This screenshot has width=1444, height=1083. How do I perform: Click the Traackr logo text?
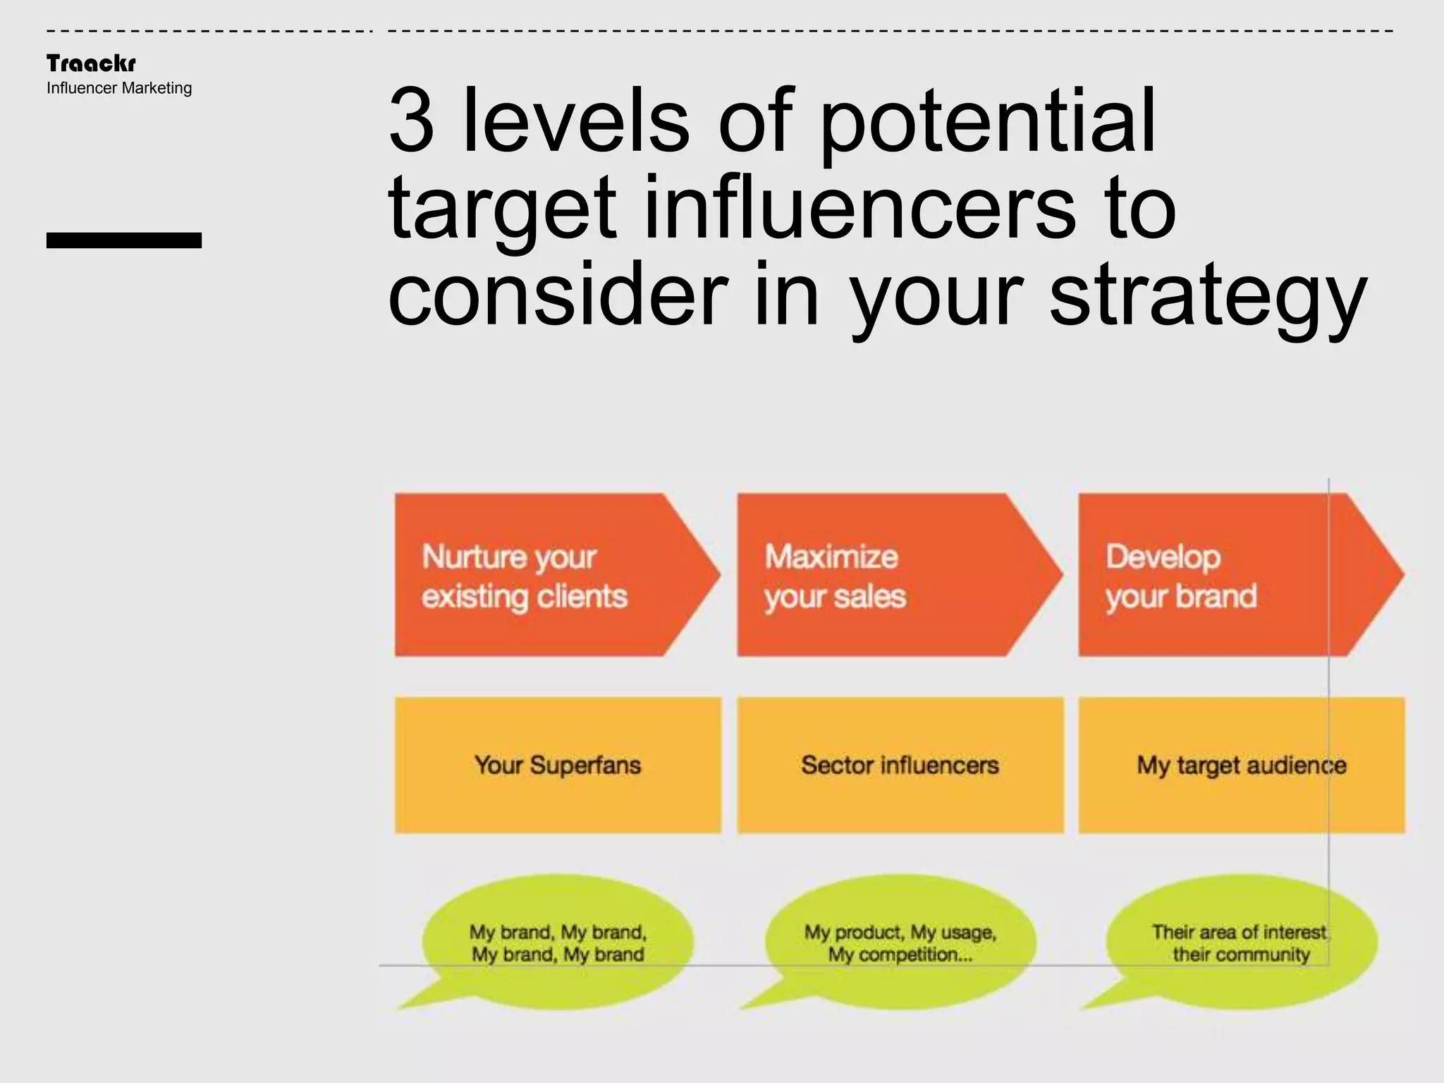91,63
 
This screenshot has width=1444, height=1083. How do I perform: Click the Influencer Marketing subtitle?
119,88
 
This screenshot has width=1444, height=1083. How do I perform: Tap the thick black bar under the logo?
124,240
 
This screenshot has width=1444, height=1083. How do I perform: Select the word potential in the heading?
988,121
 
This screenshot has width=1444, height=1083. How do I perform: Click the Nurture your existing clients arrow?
550,575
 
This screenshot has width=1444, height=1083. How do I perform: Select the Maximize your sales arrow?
892,575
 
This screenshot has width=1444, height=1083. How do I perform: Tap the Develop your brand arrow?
1234,575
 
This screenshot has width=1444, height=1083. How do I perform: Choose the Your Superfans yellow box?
558,765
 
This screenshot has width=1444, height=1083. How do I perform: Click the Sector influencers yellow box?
900,765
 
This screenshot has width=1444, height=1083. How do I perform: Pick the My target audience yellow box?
1241,765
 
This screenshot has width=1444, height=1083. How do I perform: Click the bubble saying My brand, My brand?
558,943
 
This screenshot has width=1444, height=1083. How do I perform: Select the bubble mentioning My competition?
900,943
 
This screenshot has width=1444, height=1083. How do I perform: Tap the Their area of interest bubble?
1241,943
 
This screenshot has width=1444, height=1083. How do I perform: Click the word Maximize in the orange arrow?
831,557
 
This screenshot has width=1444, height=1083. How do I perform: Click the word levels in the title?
575,121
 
